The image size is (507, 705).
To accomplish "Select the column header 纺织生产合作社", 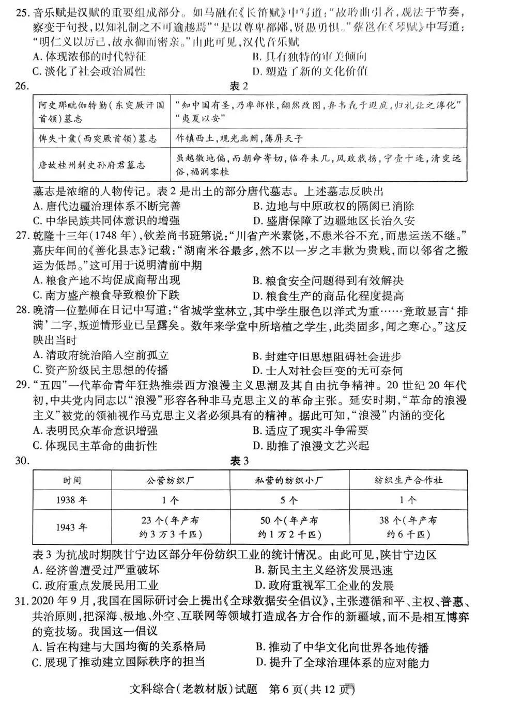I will tap(408, 480).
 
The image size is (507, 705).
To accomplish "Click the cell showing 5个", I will tap(289, 500).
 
